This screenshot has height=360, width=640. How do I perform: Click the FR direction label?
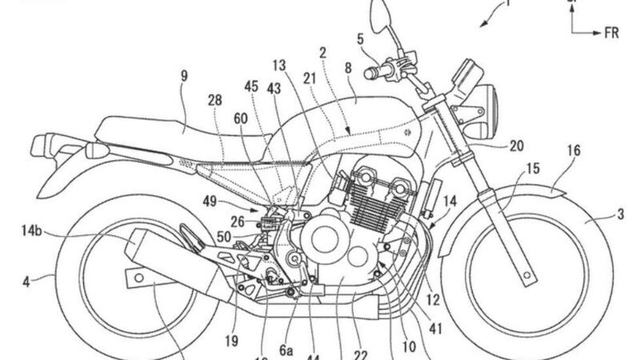(x=614, y=34)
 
